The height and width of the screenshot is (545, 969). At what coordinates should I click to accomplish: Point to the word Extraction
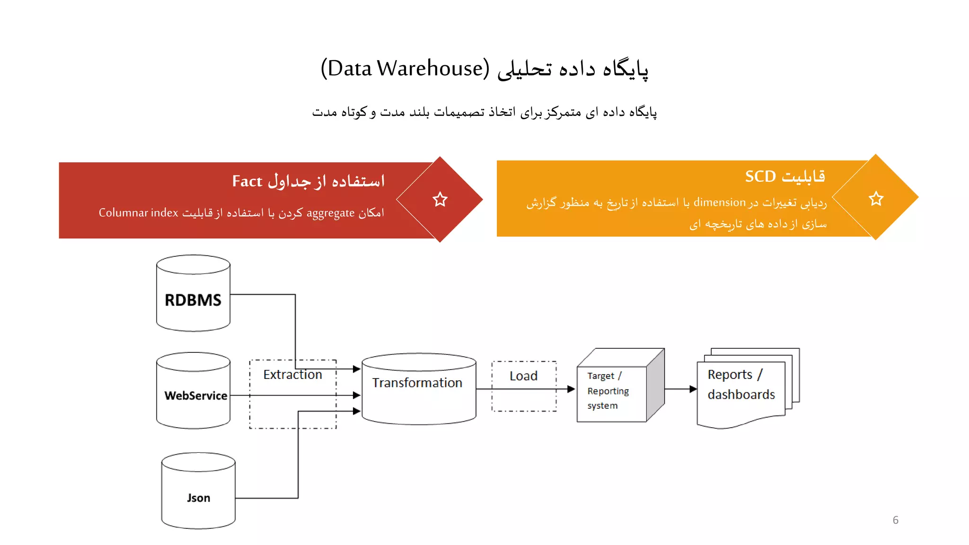[x=292, y=375]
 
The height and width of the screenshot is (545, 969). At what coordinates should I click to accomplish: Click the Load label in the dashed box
[x=523, y=376]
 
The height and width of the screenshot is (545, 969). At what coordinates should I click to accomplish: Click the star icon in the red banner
[x=440, y=199]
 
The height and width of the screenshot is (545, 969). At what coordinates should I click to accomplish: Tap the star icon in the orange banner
[x=876, y=198]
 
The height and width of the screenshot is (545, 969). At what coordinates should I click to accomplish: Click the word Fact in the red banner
[x=247, y=181]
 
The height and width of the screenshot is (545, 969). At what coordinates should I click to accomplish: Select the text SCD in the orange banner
[x=760, y=176]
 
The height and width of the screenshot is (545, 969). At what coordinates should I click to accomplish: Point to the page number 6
[x=895, y=520]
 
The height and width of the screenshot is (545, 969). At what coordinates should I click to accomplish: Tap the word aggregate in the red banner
[x=330, y=213]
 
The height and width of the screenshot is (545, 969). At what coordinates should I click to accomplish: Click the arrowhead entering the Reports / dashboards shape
[x=693, y=389]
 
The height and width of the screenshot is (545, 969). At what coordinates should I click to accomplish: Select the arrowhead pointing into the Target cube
[x=572, y=389]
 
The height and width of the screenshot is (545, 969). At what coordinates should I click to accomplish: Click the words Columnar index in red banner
[x=138, y=213]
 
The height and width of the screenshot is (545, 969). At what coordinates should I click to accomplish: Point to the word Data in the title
[x=350, y=69]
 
